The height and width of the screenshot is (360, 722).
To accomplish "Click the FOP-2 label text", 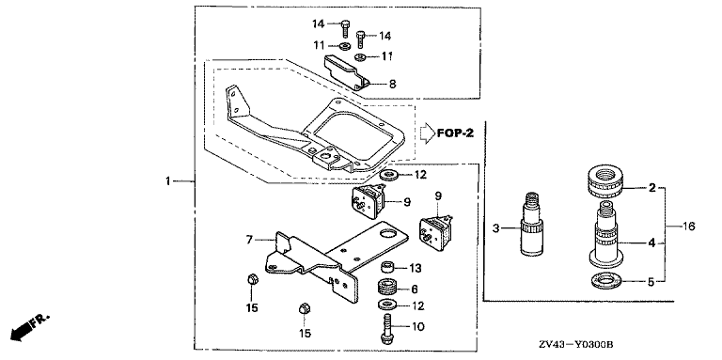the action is pos(455,133).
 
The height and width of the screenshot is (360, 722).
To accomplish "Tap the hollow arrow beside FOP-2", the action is pos(427,133).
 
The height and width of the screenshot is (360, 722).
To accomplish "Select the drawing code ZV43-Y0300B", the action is pos(578,345).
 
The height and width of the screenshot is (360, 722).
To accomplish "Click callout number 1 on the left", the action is pos(168,181).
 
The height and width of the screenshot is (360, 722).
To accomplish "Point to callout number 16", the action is pos(689,226).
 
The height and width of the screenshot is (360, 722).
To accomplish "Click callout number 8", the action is pos(392,84).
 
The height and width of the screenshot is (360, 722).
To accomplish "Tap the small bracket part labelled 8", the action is pos(346,71).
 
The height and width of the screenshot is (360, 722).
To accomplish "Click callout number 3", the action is pos(495,227).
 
